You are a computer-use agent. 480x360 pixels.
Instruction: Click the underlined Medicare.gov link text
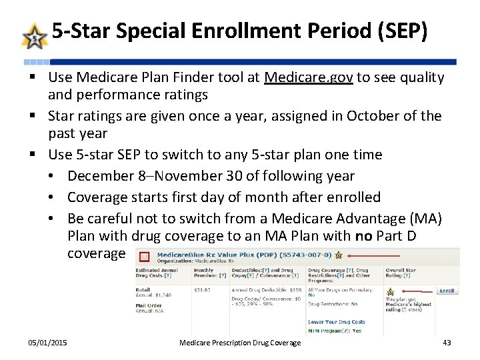309,77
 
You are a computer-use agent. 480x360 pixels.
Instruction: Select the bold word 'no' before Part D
363,236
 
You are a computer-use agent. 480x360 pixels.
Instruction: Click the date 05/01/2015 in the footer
47,343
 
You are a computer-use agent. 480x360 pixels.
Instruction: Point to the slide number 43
447,343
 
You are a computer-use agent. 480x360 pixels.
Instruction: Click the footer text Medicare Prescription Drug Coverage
240,343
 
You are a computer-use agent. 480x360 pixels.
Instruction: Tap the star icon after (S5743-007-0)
338,255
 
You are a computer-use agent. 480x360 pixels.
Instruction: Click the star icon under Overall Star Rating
390,291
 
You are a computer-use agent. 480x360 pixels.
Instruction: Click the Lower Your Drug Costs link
336,322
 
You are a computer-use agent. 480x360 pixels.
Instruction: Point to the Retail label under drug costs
144,290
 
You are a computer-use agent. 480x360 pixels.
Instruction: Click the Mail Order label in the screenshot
150,305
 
